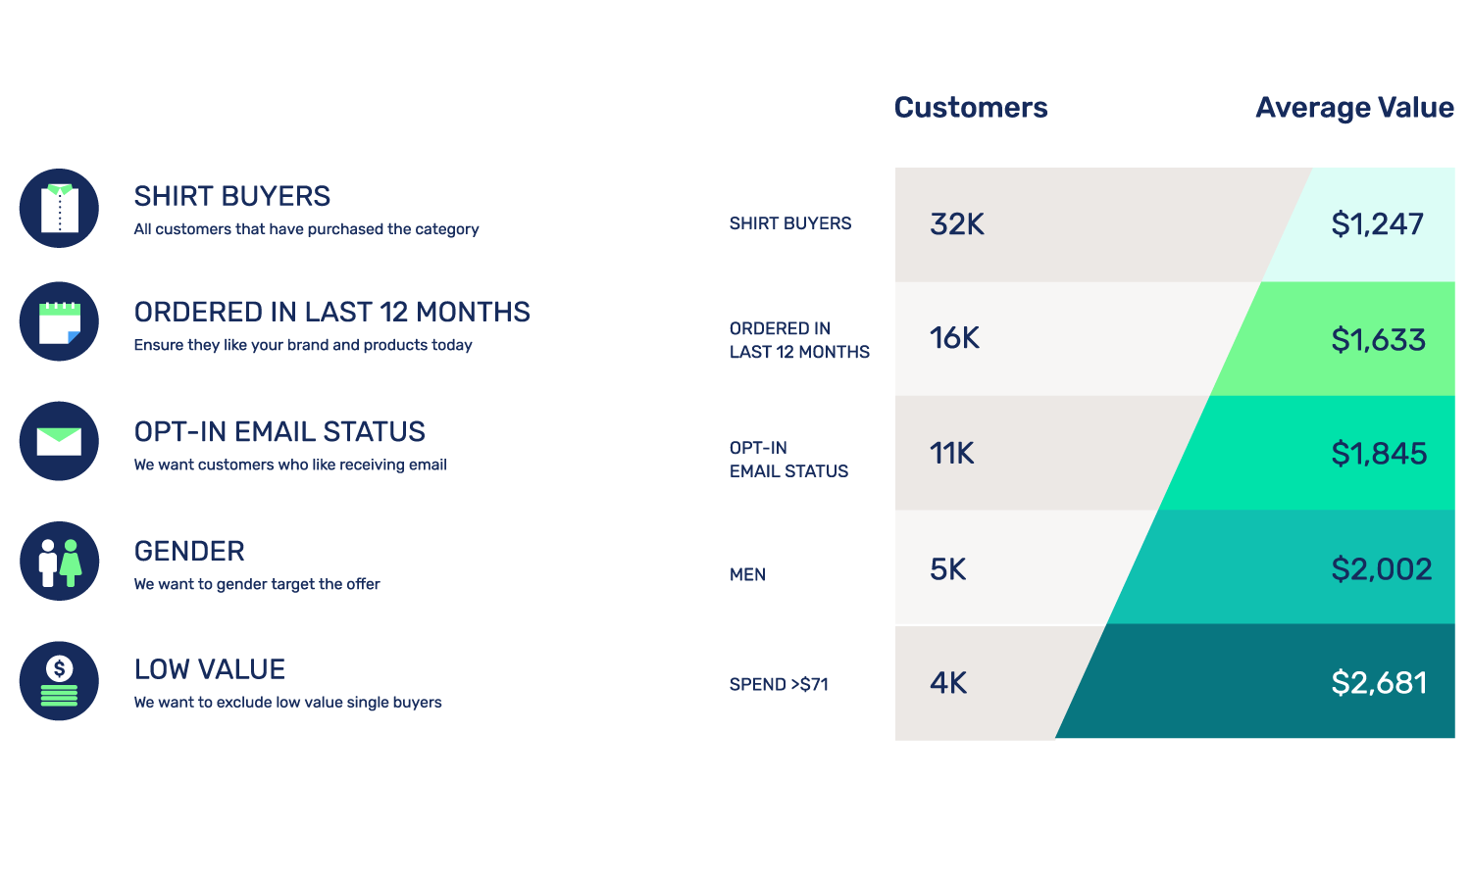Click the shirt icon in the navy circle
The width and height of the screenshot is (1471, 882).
tap(59, 208)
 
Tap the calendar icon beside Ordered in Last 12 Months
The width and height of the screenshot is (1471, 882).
tap(59, 321)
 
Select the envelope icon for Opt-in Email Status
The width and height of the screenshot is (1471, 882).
tap(59, 441)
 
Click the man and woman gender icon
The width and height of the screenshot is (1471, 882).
tap(59, 561)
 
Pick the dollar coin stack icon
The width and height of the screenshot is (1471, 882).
tap(59, 681)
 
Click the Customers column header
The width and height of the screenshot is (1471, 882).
tap(970, 108)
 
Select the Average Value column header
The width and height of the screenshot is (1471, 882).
tap(1354, 108)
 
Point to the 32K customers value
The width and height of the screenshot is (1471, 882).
tap(956, 224)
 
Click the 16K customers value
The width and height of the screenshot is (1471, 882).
tap(954, 338)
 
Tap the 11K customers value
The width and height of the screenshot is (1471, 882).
tap(951, 454)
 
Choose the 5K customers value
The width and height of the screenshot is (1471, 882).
tap(947, 569)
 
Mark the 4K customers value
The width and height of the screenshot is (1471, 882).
tap(947, 683)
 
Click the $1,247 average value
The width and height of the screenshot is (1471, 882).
tap(1377, 224)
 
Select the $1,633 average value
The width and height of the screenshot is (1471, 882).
tap(1378, 340)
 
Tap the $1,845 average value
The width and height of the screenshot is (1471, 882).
tap(1379, 454)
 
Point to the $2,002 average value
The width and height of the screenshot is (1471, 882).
tap(1381, 569)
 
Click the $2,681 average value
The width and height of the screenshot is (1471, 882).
tap(1379, 683)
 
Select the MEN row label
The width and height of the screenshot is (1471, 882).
tap(747, 575)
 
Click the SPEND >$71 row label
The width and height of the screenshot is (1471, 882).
tap(779, 685)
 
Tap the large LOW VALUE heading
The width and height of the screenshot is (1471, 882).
tap(210, 669)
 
